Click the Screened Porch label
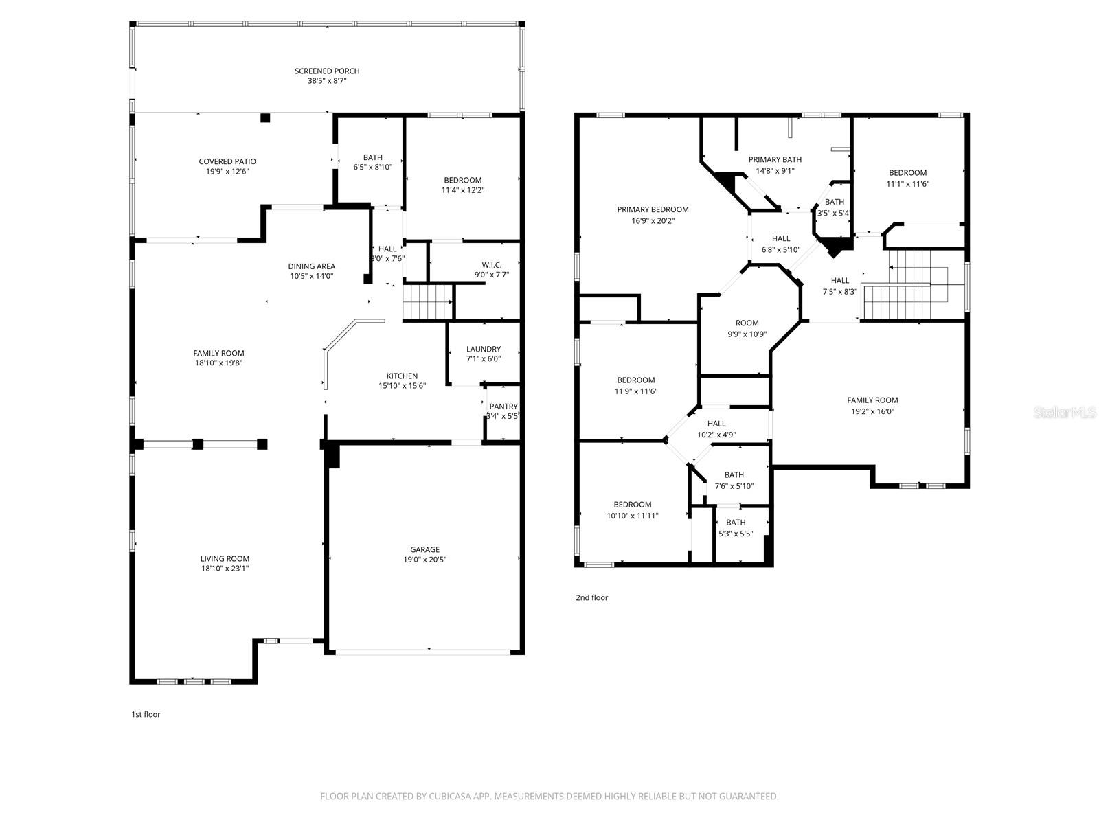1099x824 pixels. [327, 71]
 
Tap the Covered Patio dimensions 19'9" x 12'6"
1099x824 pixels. [227, 172]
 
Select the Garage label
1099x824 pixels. [424, 549]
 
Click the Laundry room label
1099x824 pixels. [483, 349]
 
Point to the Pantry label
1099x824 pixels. [503, 407]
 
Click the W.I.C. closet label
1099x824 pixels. [491, 265]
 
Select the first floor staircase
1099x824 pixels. [428, 302]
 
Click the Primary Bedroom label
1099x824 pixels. [653, 209]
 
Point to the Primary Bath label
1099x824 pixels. [775, 159]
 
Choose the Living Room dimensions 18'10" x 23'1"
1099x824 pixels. [225, 569]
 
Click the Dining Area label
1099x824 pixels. [311, 266]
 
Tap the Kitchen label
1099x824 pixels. [402, 376]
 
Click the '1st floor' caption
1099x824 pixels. [146, 714]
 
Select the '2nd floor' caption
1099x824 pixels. [591, 597]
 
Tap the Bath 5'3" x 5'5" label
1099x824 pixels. [736, 523]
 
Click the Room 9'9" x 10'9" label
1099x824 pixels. [747, 323]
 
